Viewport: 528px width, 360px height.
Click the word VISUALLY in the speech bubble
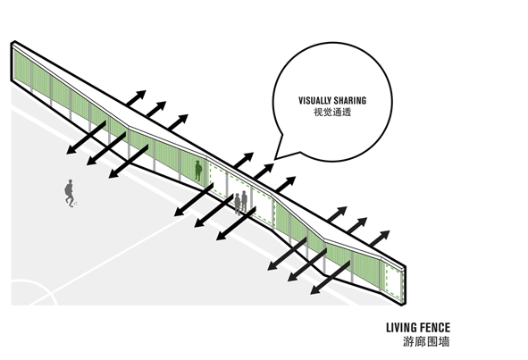[x=314, y=100]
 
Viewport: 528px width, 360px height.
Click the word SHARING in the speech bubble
[x=350, y=100]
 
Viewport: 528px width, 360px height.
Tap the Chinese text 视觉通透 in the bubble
[x=332, y=113]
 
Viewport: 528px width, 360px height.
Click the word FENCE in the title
[x=435, y=327]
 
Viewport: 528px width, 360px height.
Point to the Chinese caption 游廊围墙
[x=426, y=341]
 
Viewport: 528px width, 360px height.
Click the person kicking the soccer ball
[x=70, y=193]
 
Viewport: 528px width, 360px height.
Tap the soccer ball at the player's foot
[x=75, y=204]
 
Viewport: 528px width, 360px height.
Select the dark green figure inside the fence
[x=198, y=171]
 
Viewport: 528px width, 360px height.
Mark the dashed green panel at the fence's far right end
[x=393, y=281]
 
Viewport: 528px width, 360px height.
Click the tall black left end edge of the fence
[x=13, y=62]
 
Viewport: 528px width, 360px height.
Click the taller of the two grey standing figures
[x=244, y=201]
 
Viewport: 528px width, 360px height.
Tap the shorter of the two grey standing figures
[x=238, y=204]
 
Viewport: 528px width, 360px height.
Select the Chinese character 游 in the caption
[x=409, y=341]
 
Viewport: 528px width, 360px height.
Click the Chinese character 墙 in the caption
[x=444, y=341]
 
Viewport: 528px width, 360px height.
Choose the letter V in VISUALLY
[x=301, y=100]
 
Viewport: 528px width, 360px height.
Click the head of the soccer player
[x=70, y=181]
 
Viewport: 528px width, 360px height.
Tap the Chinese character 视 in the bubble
[x=319, y=113]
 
